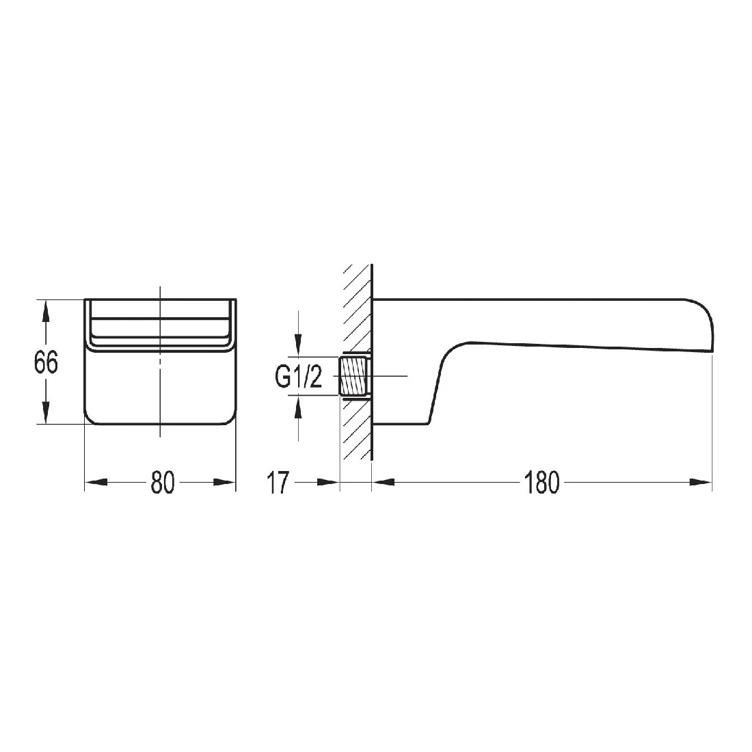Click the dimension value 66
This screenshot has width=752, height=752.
(46, 362)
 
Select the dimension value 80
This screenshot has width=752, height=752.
(163, 483)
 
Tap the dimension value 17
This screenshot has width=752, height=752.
(278, 483)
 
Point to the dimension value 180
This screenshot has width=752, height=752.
(541, 483)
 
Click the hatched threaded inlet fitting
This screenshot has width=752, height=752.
(355, 376)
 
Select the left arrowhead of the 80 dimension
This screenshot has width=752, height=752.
(96, 483)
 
